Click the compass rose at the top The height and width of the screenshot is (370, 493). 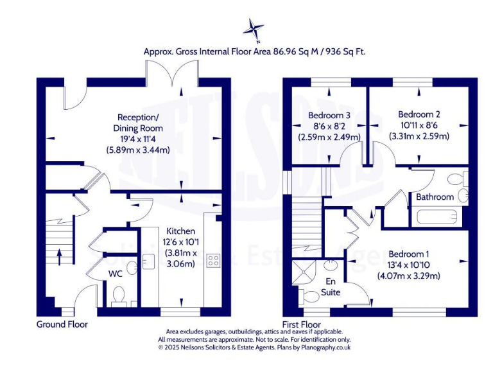[254, 28]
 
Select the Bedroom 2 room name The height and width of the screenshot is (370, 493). [419, 115]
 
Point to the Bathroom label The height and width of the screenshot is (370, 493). [435, 197]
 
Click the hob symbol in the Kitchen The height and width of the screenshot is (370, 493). [213, 261]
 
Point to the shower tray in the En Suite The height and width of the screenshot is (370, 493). [301, 272]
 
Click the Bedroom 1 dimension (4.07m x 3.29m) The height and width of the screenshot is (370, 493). [409, 276]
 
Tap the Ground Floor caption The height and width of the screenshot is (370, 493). [62, 324]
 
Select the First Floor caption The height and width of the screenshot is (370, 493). [302, 324]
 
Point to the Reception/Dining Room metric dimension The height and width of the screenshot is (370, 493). [138, 150]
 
